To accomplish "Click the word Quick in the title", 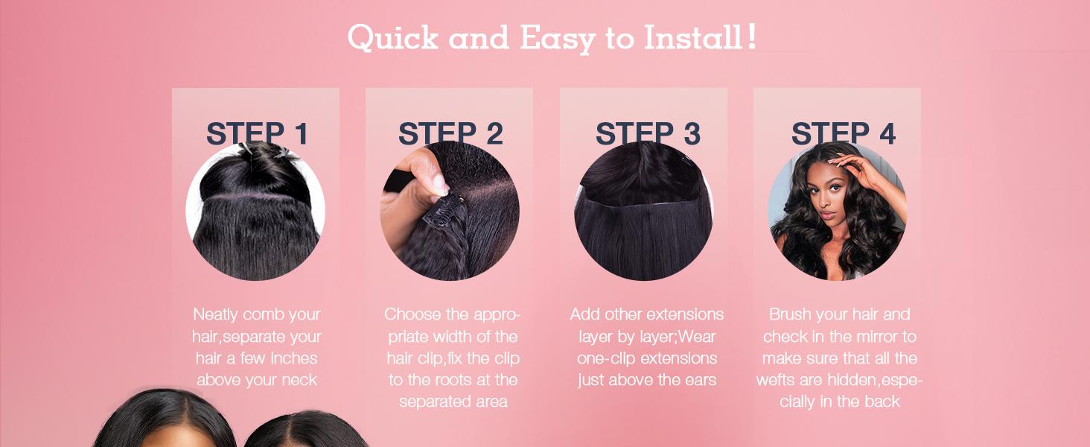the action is point(392,37).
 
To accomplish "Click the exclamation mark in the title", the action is point(752,36).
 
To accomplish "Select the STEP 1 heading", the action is point(257,133).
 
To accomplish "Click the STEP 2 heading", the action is point(450,133).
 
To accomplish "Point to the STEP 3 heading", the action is point(648,133).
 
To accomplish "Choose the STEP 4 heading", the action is point(844,133).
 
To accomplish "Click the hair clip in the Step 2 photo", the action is point(444,210).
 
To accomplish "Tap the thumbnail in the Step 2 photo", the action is point(439,184).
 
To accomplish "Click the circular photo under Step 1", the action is point(255,211).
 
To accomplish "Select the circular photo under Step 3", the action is point(644,211).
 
